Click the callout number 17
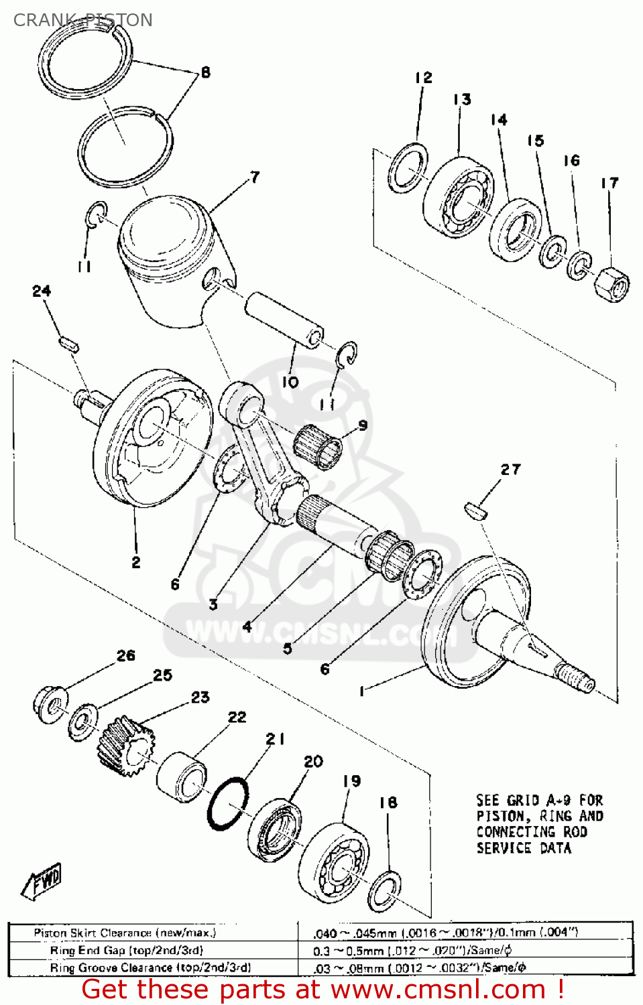609,183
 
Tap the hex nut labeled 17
611,284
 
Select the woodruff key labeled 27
475,510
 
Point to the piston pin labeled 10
284,318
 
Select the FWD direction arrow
43,881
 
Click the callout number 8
205,72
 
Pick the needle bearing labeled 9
317,446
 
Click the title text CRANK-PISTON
82,20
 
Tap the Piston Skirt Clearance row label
125,933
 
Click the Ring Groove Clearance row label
150,967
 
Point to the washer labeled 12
408,168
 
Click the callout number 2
136,562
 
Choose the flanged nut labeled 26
50,704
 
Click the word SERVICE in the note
504,848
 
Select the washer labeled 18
385,891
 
